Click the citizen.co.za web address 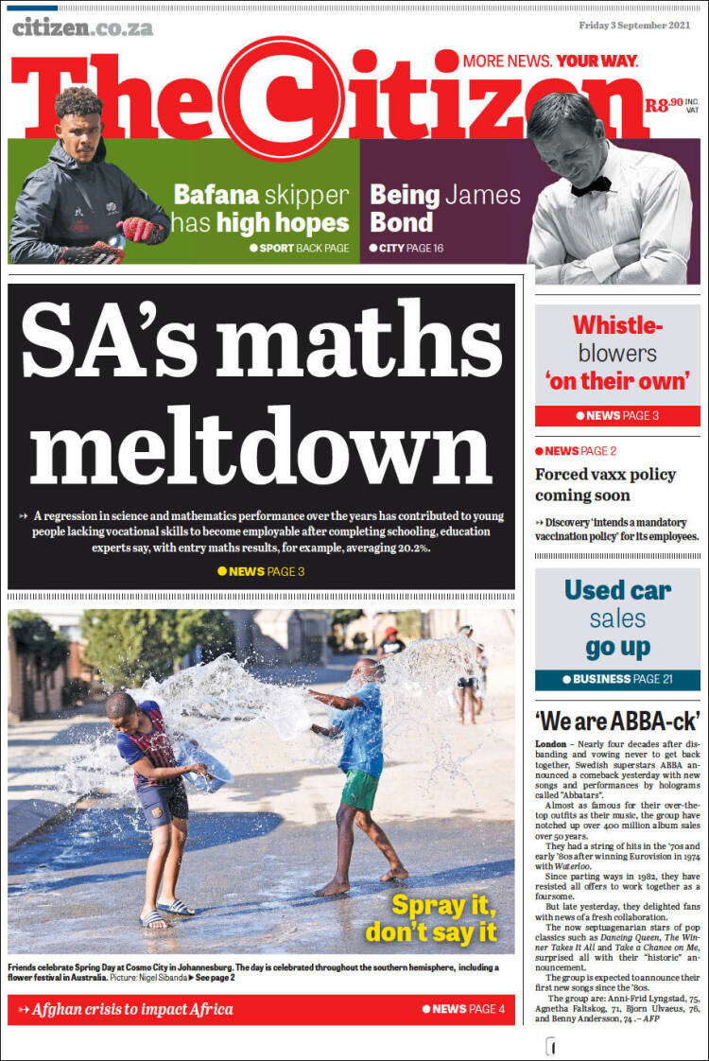[82, 27]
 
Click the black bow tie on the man [591, 185]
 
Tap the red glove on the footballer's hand [142, 229]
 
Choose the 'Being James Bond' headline [444, 209]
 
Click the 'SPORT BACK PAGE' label [300, 249]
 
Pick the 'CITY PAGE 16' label [411, 249]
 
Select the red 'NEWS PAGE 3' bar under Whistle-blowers [617, 415]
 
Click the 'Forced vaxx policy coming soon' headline [605, 484]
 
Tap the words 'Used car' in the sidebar [617, 591]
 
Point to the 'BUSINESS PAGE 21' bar [617, 679]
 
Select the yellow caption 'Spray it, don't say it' [430, 917]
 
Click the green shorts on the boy [360, 789]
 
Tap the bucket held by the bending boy [208, 774]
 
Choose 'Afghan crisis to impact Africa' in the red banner [132, 1009]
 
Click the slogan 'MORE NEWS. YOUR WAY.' [550, 61]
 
